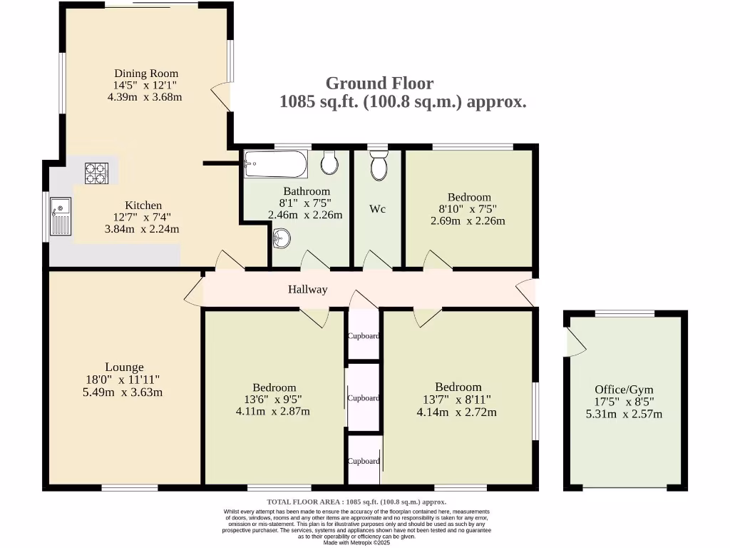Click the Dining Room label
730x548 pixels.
[146, 73]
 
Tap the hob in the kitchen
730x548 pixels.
[96, 173]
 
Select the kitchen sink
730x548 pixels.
[61, 216]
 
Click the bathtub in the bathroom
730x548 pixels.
[276, 163]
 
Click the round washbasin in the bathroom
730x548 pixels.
[282, 238]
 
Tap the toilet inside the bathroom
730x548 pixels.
[329, 162]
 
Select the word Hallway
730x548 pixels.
[308, 290]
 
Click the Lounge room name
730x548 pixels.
[124, 367]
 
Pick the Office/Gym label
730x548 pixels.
[624, 390]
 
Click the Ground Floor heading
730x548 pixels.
[379, 83]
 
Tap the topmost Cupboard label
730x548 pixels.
[364, 335]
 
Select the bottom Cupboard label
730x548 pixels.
[364, 461]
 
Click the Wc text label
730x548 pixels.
[378, 209]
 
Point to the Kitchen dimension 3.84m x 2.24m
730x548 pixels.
[142, 229]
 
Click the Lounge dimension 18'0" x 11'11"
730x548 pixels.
[123, 380]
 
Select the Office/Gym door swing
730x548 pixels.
[576, 341]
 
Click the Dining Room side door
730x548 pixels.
[222, 97]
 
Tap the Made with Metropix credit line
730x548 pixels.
[356, 542]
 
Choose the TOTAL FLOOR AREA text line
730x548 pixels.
[356, 502]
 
